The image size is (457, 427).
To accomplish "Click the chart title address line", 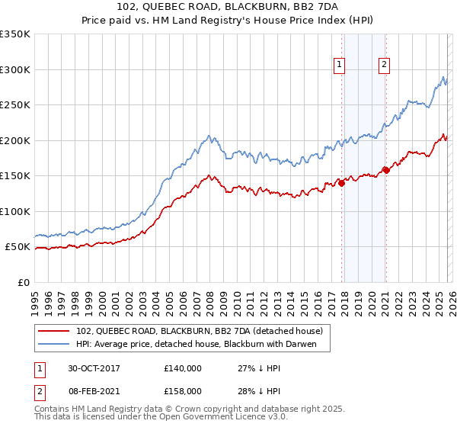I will [228, 7].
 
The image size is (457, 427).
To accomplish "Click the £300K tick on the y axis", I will [15, 69].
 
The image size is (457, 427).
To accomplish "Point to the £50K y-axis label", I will [18, 247].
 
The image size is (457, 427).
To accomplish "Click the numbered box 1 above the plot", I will [339, 65].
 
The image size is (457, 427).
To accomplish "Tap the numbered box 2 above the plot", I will [385, 65].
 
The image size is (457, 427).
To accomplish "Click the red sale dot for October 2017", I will [341, 182].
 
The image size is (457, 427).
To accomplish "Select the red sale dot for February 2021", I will [385, 170].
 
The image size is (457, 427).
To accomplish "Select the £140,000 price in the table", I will [183, 368].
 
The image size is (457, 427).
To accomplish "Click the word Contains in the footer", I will [53, 410].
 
